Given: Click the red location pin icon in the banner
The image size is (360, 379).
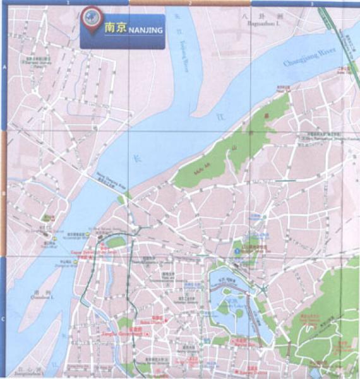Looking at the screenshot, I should click(x=92, y=19).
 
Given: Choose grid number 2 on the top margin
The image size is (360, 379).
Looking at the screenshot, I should click(x=189, y=3).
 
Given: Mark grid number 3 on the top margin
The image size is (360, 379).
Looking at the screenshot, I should click(x=311, y=3).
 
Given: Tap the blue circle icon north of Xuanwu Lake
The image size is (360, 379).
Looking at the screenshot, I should click(x=237, y=251).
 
